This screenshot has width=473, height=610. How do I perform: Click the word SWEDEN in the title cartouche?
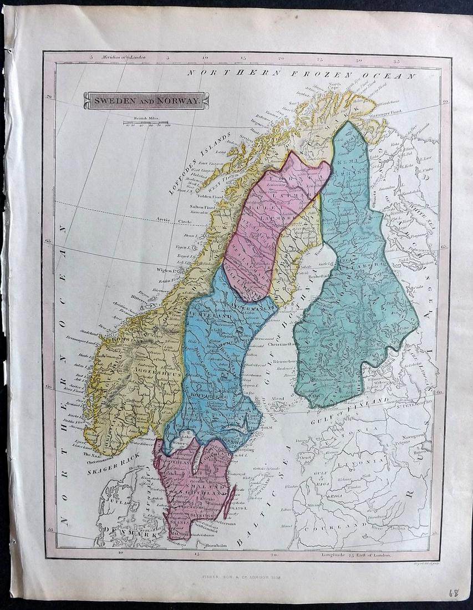[109, 101]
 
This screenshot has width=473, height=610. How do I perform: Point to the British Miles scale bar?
[146, 123]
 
